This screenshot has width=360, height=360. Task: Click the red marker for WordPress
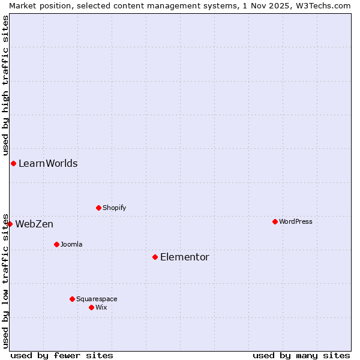(275, 221)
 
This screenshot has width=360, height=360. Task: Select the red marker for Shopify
(98, 208)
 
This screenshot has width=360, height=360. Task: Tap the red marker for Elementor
(155, 257)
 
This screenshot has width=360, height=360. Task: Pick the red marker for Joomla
(56, 244)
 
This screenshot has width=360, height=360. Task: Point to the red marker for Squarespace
(72, 299)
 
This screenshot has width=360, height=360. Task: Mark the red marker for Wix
(91, 307)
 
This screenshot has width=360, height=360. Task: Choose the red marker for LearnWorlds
(13, 163)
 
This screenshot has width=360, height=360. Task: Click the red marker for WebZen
(10, 224)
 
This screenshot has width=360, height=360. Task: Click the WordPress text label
(296, 221)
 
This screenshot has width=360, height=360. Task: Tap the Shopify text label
(114, 208)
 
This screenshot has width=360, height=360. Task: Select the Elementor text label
(185, 257)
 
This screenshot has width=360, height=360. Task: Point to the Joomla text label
(71, 244)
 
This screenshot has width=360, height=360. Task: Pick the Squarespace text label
(97, 299)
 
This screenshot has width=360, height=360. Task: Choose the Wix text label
(101, 307)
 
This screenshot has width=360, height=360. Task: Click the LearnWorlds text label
(48, 163)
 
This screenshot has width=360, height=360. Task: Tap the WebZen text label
(34, 224)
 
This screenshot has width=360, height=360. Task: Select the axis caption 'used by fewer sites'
(62, 355)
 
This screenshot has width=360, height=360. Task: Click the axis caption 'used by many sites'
(301, 355)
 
